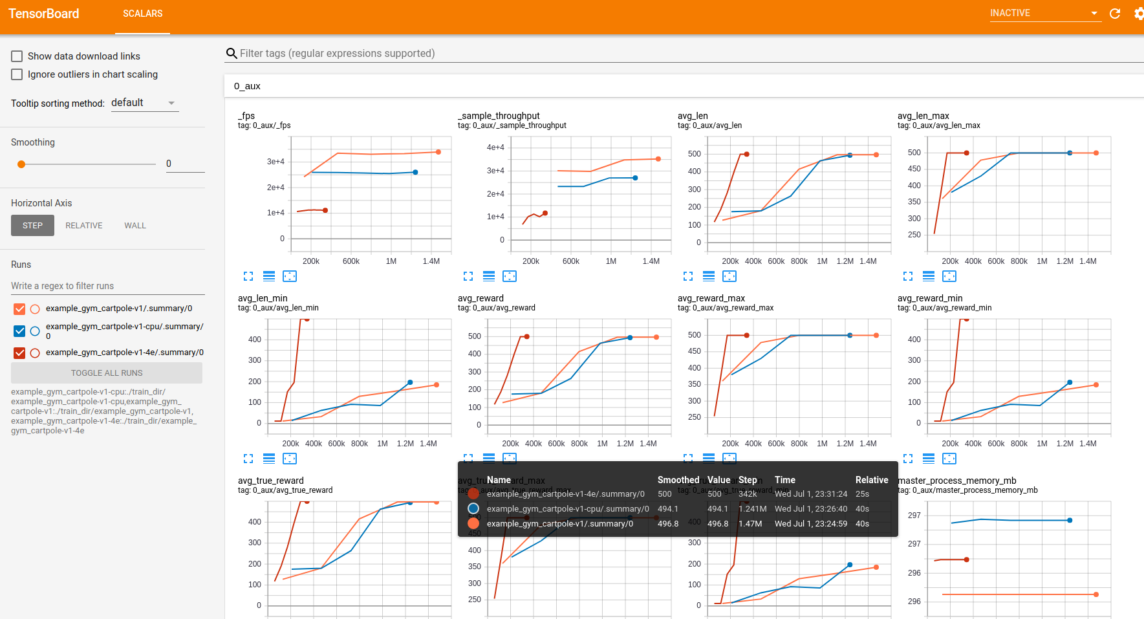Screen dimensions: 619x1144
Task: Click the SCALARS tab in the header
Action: pos(143,14)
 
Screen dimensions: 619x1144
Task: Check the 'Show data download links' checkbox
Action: pos(17,56)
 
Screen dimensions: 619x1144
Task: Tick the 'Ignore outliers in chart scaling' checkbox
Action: pos(17,74)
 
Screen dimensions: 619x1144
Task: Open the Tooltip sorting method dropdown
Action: pos(144,103)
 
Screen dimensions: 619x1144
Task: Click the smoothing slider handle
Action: pos(21,164)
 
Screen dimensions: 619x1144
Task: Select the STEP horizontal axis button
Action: pos(32,226)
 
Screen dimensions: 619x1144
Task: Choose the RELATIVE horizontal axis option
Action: pos(84,226)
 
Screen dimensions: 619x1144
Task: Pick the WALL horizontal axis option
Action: pos(135,226)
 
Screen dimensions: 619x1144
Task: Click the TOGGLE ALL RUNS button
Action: pos(107,373)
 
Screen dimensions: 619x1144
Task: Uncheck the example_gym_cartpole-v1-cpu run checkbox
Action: pos(19,331)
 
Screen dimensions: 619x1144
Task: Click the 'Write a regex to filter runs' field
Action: pos(107,286)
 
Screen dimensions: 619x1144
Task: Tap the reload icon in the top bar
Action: pos(1115,14)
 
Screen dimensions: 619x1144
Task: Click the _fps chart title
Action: pos(246,116)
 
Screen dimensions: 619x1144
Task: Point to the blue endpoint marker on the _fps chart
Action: pos(415,172)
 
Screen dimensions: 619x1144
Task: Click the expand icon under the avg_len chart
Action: pos(688,276)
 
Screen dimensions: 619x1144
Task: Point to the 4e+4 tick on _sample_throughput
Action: pos(495,147)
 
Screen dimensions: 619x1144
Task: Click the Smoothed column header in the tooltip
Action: pos(678,480)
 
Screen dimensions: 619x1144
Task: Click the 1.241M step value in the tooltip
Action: pos(752,509)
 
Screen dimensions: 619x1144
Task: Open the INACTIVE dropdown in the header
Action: pos(1044,14)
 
